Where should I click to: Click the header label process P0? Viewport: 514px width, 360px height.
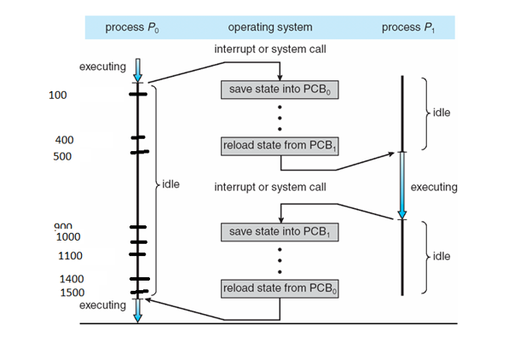pos(132,27)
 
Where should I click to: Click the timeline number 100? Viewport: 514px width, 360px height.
pos(58,96)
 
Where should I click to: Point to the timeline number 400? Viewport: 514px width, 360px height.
pos(63,139)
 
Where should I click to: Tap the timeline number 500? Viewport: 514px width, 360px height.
pos(61,157)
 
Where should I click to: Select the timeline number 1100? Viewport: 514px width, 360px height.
pos(70,255)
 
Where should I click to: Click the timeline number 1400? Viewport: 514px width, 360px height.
pos(72,279)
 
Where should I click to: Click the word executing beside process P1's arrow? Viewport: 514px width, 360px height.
pos(434,187)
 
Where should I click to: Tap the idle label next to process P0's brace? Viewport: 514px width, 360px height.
pos(170,183)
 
